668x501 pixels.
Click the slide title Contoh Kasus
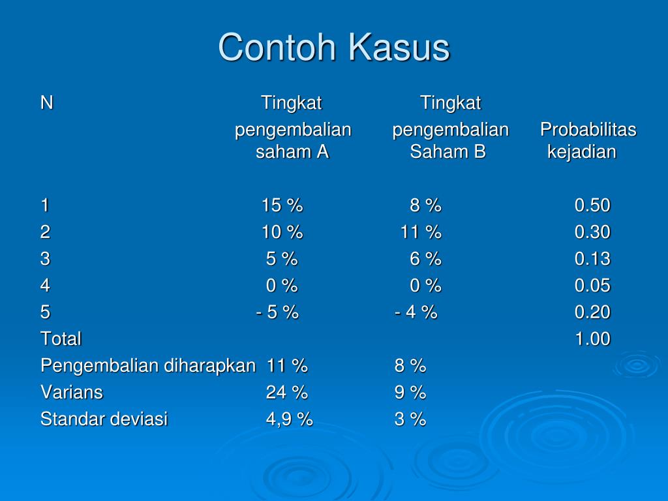[x=334, y=47]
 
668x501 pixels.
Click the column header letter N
[x=47, y=102]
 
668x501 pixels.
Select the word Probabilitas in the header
[x=588, y=130]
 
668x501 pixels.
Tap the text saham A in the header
[x=292, y=151]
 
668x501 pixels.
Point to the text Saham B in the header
[x=448, y=151]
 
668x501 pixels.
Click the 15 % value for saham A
[x=282, y=205]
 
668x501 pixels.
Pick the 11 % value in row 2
[x=421, y=232]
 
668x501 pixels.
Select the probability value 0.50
[x=592, y=205]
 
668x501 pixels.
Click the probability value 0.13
[x=592, y=259]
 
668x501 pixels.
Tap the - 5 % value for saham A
[x=277, y=312]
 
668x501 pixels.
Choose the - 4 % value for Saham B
[x=416, y=312]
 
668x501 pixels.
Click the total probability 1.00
[x=592, y=339]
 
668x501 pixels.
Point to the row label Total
[x=61, y=339]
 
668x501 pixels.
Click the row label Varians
[x=72, y=392]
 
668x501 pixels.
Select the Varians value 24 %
[x=287, y=392]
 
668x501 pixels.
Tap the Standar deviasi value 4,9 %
[x=289, y=419]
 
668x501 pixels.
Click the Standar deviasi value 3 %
[x=410, y=419]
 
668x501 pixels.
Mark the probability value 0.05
[x=592, y=286]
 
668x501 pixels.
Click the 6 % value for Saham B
[x=425, y=259]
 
